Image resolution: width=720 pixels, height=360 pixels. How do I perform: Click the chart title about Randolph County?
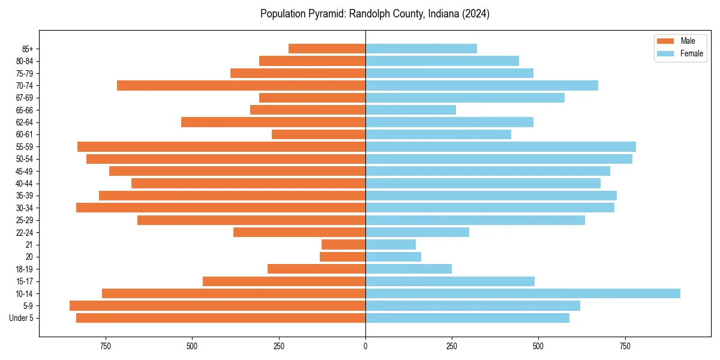click(x=374, y=14)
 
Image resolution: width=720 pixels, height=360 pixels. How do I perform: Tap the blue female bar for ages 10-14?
click(x=523, y=293)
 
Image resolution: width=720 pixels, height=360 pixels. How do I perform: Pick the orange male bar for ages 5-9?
click(x=217, y=305)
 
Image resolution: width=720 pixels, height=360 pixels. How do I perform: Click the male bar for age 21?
click(x=343, y=244)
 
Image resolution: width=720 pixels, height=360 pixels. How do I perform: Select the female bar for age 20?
click(x=393, y=257)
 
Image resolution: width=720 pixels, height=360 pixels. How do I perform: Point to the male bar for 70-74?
click(x=241, y=85)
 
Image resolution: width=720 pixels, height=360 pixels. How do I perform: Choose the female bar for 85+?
click(x=421, y=49)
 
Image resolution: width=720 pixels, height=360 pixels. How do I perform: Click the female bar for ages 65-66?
click(x=410, y=110)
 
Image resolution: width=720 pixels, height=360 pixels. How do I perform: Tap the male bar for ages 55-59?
click(x=221, y=146)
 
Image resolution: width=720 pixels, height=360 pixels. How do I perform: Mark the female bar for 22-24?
click(x=417, y=232)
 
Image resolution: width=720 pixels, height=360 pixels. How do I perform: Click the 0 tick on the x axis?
click(x=365, y=346)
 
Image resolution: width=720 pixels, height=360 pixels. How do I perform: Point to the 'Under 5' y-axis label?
click(x=22, y=318)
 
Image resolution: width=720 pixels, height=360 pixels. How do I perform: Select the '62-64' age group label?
click(x=25, y=122)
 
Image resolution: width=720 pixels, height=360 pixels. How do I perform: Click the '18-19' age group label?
click(x=25, y=269)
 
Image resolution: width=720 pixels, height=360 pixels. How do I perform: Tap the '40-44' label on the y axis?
click(x=25, y=183)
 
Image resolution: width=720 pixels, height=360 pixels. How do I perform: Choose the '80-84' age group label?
click(x=25, y=61)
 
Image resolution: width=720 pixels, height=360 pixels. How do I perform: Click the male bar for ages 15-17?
click(x=284, y=281)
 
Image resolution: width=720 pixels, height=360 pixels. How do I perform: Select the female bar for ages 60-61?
click(x=438, y=134)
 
